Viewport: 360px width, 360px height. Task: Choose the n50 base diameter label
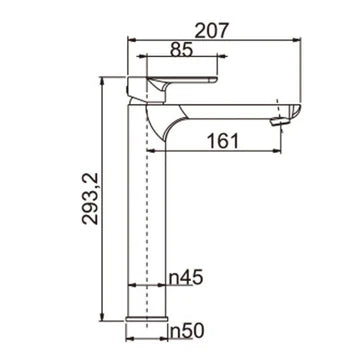click(x=187, y=328)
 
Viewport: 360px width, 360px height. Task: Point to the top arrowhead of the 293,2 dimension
click(x=103, y=78)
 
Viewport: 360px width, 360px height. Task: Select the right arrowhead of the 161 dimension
click(x=284, y=152)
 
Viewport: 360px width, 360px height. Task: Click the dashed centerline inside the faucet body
click(x=148, y=220)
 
